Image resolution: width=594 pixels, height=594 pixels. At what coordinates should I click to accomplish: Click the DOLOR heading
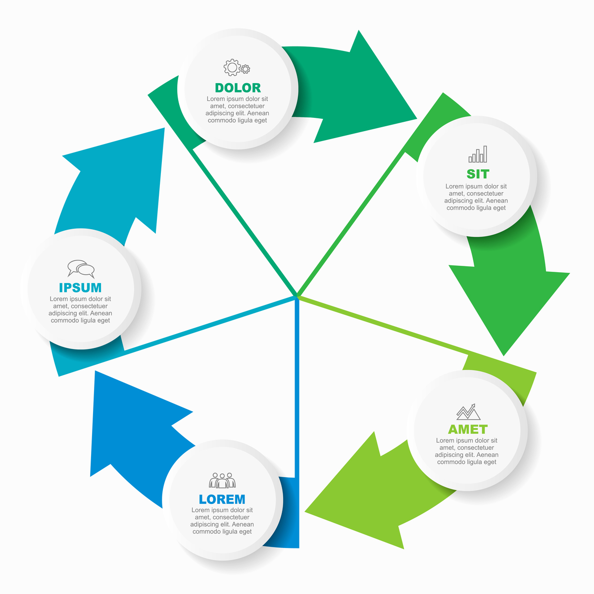(238, 88)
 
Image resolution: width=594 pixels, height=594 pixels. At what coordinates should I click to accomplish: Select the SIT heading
(478, 174)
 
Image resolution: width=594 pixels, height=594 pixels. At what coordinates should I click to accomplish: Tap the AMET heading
(468, 429)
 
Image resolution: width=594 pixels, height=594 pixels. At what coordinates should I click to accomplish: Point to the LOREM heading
(222, 499)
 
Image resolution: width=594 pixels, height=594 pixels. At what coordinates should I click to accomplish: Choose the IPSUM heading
(80, 288)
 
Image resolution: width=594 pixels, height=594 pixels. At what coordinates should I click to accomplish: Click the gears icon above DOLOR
(237, 67)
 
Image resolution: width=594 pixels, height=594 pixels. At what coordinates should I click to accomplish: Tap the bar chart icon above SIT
(478, 154)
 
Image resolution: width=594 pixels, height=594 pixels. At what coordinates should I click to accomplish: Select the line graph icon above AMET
(468, 412)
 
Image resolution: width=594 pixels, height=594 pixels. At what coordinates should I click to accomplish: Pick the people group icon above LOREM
(222, 480)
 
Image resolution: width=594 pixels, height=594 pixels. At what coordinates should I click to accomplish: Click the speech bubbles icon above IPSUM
(81, 269)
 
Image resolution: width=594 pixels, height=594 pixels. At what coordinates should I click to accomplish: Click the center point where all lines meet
(297, 297)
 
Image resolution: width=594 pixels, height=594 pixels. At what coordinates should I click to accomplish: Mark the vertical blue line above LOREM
(297, 386)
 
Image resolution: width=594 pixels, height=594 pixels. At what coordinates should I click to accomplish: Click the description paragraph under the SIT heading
(476, 197)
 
